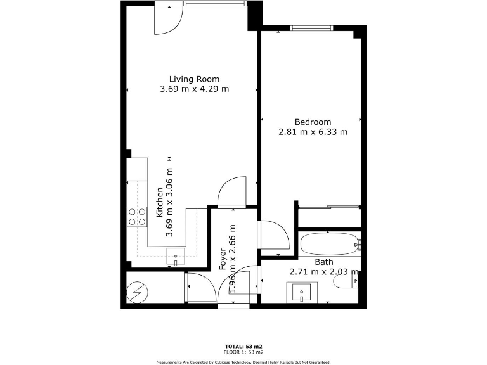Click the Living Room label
[194, 79]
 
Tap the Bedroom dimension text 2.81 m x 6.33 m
[313, 132]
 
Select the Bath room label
[323, 262]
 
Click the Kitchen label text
[160, 202]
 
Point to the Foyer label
[223, 259]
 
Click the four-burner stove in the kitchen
[137, 217]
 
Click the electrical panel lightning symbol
[136, 292]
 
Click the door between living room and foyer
[230, 193]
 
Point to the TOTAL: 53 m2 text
[243, 347]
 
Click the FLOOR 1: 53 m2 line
[243, 352]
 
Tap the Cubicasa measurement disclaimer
[243, 362]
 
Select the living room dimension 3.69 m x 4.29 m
[194, 89]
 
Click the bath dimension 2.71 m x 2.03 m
[323, 272]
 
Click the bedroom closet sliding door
[328, 206]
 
